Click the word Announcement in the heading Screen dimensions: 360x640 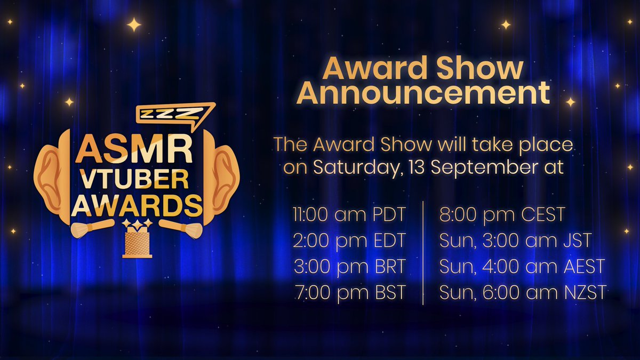[x=423, y=93]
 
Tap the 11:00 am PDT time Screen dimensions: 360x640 [x=349, y=215]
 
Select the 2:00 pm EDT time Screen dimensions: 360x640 [x=349, y=241]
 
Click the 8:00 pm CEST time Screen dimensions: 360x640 [x=502, y=215]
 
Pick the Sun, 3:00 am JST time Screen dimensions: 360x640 [x=515, y=241]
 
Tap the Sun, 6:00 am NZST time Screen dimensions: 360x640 [x=523, y=292]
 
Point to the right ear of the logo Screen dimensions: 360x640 [x=224, y=177]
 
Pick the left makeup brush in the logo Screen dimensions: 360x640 [x=91, y=227]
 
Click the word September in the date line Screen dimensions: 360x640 [x=493, y=167]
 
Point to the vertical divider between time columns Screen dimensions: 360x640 [x=423, y=254]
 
